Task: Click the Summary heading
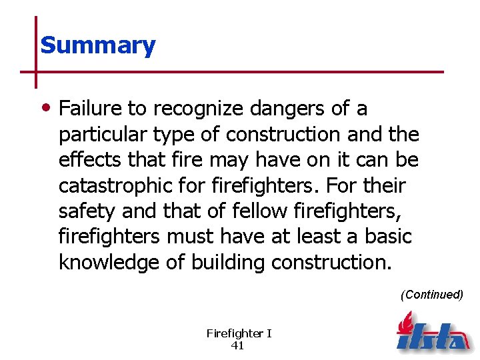point(97,45)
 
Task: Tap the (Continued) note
point(431,295)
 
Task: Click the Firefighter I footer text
point(239,333)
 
